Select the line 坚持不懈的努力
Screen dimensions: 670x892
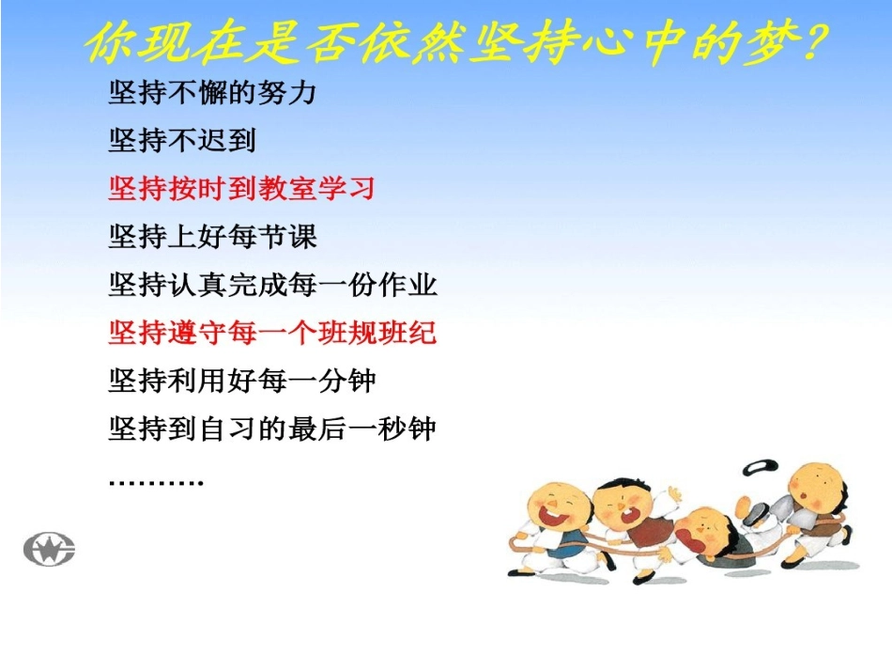pos(212,93)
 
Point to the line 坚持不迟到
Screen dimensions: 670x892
pos(182,141)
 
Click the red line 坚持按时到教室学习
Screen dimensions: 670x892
pos(241,189)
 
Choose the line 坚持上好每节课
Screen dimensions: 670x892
pos(212,237)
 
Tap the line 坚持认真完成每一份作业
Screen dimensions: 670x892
pos(272,285)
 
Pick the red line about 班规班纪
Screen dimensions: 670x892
pos(272,333)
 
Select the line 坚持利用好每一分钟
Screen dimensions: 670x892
pos(242,381)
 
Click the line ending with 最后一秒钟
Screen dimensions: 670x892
pos(272,429)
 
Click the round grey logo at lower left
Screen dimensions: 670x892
pos(49,549)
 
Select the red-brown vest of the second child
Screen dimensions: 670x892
pos(646,532)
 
